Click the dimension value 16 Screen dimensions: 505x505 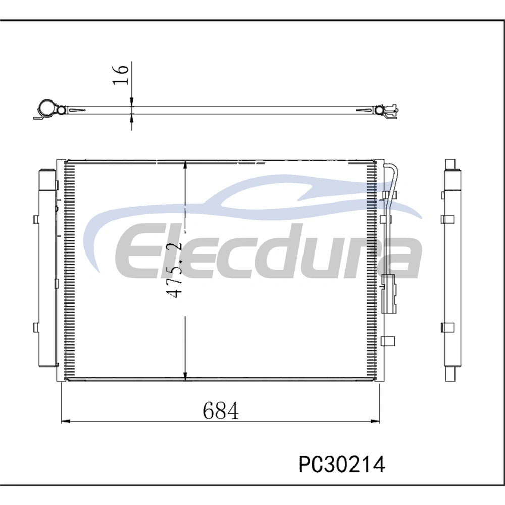coord(121,75)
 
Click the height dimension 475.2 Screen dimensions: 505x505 coord(174,270)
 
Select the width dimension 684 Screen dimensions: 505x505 coord(221,411)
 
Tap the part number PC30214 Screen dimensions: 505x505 coord(342,465)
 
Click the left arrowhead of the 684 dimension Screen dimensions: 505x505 coord(65,421)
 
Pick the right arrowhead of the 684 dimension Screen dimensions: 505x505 coord(376,421)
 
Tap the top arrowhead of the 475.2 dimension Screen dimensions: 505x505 coord(185,165)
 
